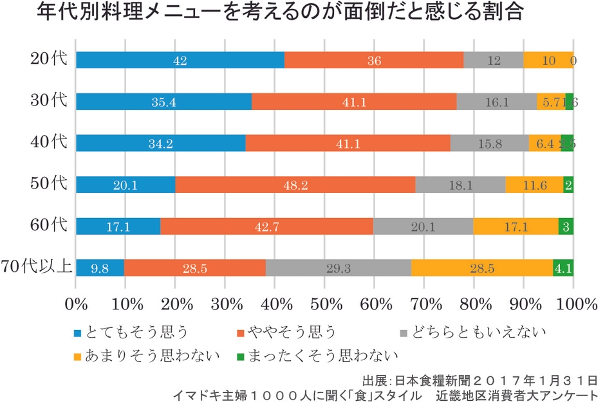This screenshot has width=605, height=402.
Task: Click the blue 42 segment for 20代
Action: click(x=180, y=60)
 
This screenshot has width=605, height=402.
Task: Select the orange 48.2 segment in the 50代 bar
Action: click(x=295, y=185)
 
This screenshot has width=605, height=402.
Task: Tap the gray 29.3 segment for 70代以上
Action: click(x=338, y=268)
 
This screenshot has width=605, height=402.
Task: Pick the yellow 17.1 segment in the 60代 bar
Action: click(x=516, y=226)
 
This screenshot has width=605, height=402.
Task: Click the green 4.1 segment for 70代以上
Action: click(x=563, y=268)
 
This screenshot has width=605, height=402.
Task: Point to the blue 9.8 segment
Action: click(x=100, y=268)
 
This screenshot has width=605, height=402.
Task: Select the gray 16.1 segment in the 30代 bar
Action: click(x=496, y=102)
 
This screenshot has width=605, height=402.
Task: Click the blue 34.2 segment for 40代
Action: click(x=160, y=143)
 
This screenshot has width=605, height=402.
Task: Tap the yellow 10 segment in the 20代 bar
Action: click(x=548, y=60)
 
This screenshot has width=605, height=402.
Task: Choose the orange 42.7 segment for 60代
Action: click(x=266, y=226)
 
